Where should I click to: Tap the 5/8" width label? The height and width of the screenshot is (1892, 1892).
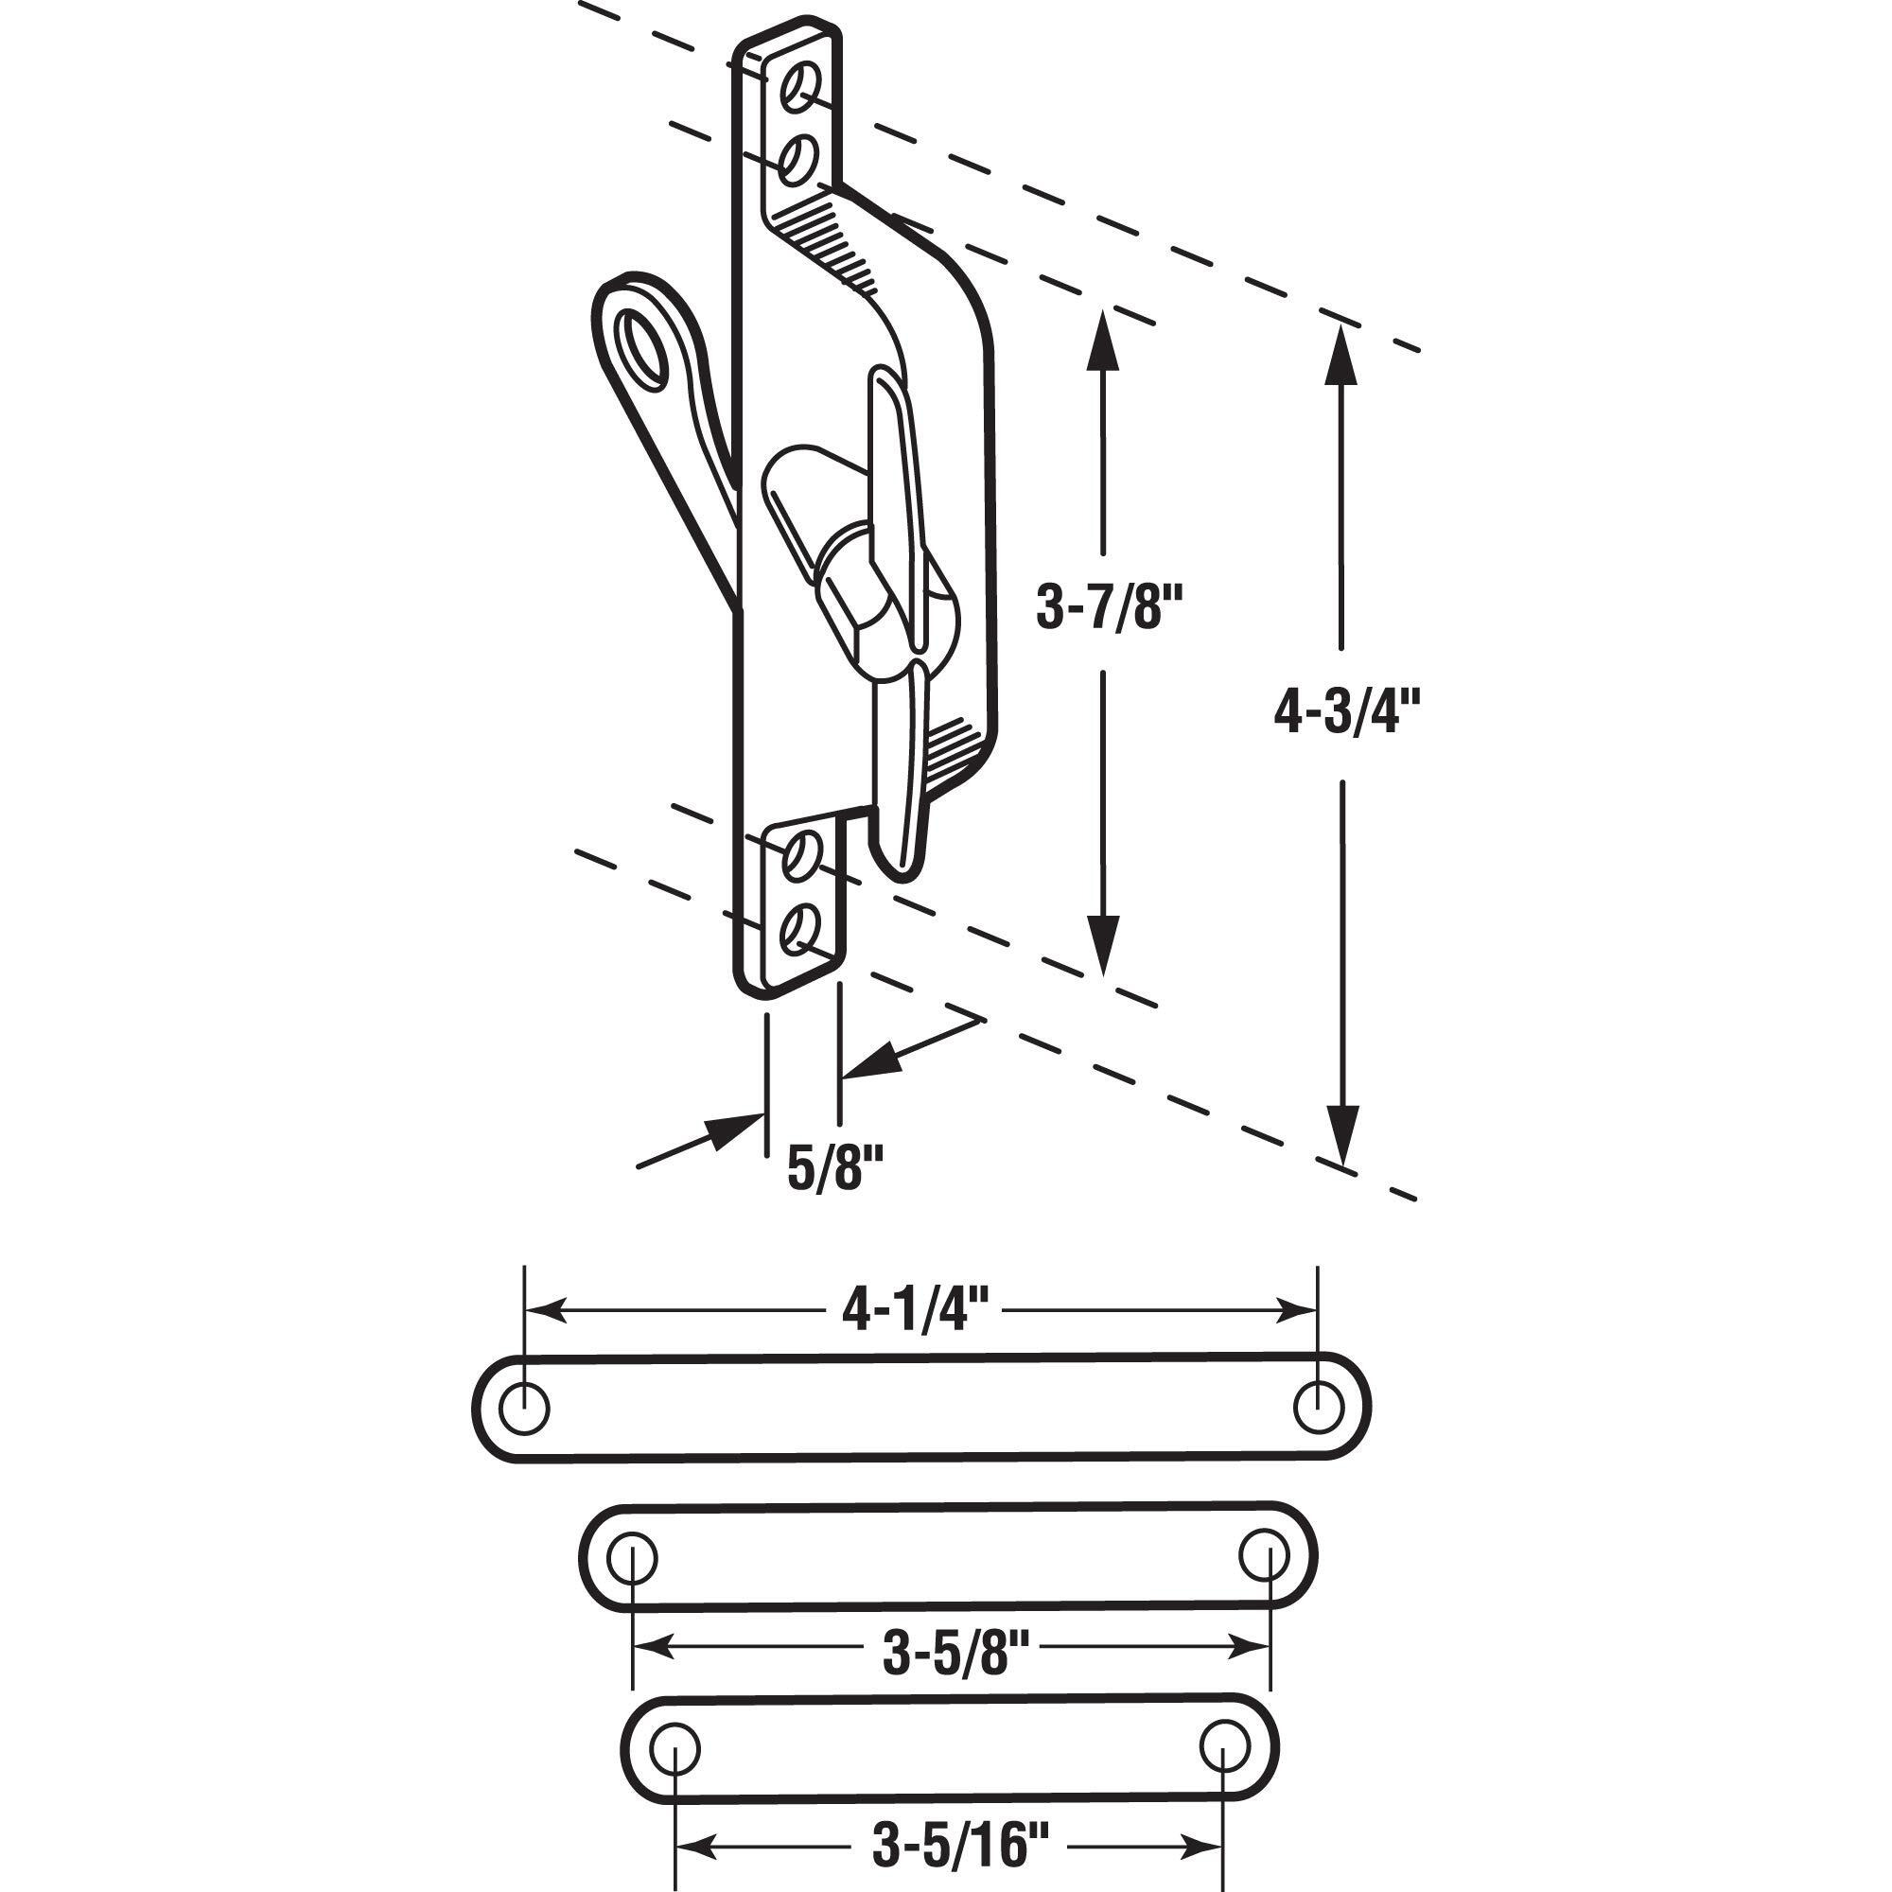(836, 1168)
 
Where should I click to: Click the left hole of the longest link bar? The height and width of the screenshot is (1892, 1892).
(524, 1409)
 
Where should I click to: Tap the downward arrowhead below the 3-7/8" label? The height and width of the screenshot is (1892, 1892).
(1103, 948)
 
